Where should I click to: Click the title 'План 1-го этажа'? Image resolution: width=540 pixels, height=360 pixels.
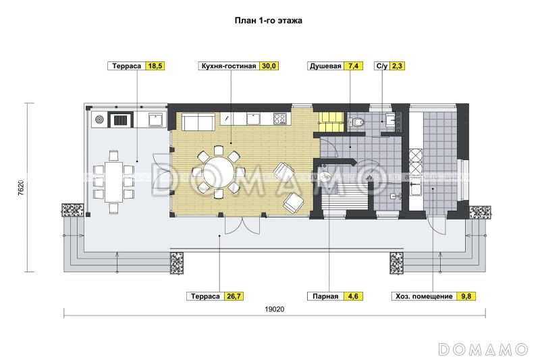[x=268, y=21]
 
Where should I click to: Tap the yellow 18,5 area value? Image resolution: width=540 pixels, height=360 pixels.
[x=155, y=66]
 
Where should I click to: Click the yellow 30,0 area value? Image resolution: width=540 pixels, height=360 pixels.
[x=270, y=66]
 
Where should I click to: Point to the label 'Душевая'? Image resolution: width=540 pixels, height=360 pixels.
[x=325, y=66]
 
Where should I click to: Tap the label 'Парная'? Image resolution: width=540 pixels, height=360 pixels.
[x=325, y=296]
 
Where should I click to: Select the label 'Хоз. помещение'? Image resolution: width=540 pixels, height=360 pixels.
[x=423, y=296]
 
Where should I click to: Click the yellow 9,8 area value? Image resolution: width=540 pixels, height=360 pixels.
[x=466, y=296]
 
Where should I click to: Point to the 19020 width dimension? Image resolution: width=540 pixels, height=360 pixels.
[x=274, y=309]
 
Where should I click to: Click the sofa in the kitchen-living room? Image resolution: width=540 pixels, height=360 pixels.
[x=198, y=122]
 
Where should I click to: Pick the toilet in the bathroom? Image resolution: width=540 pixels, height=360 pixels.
[x=358, y=122]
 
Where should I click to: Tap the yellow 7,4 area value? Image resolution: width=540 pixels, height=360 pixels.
[x=354, y=66]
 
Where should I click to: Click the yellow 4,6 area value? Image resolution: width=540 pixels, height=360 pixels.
[x=353, y=296]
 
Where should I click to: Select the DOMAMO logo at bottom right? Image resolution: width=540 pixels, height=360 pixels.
[x=482, y=349]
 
